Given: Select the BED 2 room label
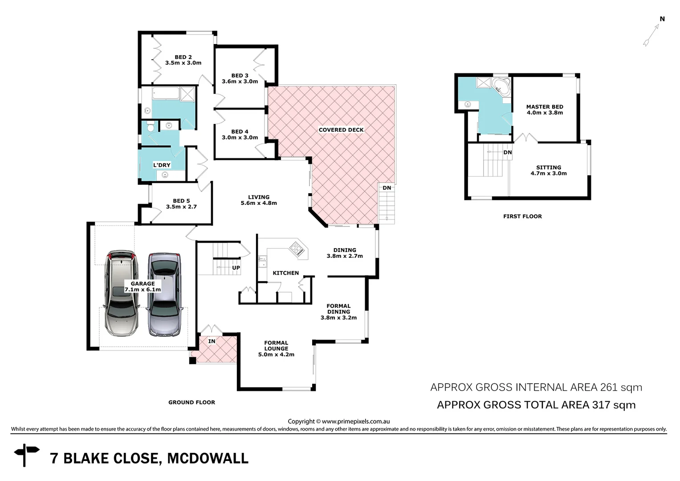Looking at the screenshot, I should (183, 57).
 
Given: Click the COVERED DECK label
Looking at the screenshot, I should (341, 130).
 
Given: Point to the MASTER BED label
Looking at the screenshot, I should (544, 107).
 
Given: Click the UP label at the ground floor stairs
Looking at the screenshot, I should (236, 268).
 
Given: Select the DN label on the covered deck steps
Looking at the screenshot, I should (387, 188).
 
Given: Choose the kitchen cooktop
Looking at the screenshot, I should (297, 249).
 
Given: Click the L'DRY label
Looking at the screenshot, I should (162, 165).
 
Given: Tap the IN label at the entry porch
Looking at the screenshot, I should (212, 341).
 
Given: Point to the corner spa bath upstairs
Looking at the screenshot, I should (502, 86).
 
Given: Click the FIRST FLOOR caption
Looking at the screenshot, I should (522, 216).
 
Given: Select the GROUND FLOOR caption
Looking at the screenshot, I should (191, 402).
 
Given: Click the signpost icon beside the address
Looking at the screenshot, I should (26, 454).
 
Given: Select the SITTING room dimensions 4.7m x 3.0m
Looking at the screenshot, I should (548, 174).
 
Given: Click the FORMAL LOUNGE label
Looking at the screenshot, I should (276, 346).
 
